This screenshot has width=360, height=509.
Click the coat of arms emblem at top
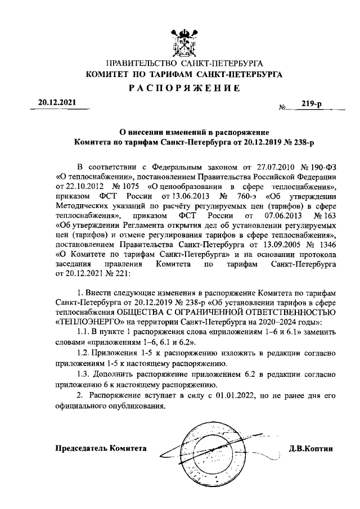point(179,39)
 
